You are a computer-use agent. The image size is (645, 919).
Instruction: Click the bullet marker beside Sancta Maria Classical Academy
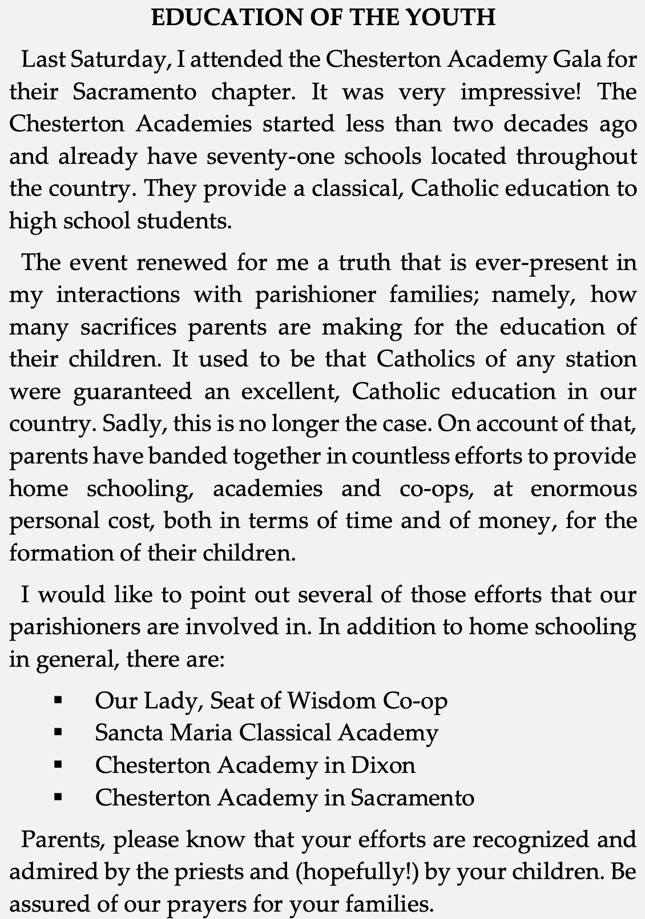[57, 733]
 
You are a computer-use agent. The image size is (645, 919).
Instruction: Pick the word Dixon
[382, 765]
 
